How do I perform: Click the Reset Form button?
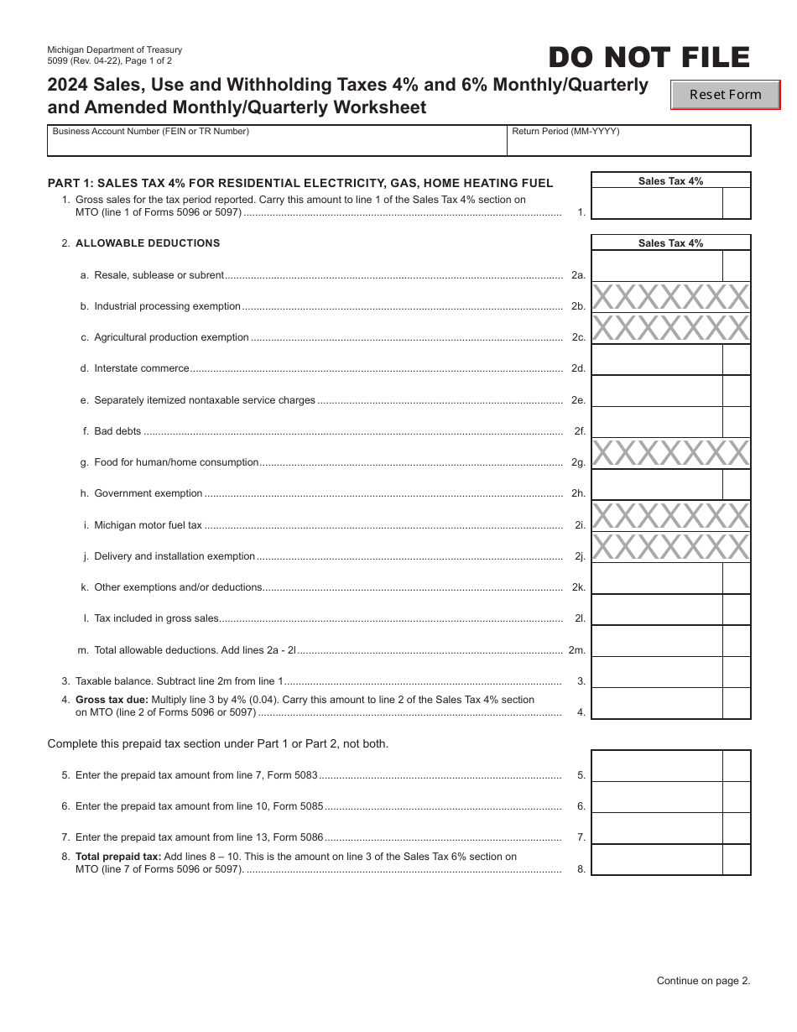coord(725,95)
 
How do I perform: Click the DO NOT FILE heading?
coord(649,58)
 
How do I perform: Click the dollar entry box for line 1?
coord(657,204)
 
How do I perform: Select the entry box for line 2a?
coord(657,266)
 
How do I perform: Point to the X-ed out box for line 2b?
coord(670,297)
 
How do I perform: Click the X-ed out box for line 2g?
coord(670,453)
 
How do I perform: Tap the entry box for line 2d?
coord(657,360)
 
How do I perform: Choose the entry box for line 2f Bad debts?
coord(657,422)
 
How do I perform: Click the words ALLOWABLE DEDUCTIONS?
coord(148,243)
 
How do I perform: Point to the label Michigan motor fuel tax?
coord(148,525)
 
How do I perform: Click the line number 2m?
coord(577,650)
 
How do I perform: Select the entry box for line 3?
coord(657,672)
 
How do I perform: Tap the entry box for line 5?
coord(657,766)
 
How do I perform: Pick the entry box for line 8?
coord(657,860)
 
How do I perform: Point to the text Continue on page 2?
coord(703,980)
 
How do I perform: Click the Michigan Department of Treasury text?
coord(115,50)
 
